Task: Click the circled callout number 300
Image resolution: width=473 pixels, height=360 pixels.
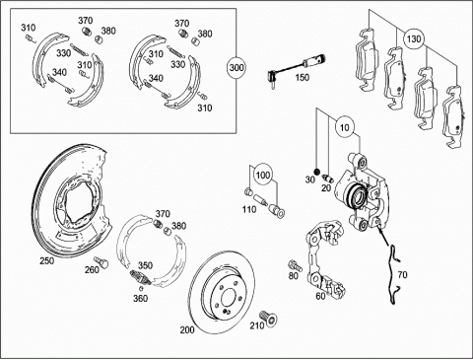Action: click(x=236, y=68)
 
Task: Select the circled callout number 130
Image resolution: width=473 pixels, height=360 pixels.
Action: click(x=414, y=39)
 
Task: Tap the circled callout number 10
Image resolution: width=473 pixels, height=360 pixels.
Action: click(x=345, y=127)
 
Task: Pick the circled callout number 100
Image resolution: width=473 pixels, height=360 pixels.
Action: click(x=263, y=175)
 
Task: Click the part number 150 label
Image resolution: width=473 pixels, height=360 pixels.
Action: click(x=302, y=78)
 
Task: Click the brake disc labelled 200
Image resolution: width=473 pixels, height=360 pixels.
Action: click(x=221, y=293)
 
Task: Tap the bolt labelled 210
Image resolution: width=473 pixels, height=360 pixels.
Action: click(x=268, y=318)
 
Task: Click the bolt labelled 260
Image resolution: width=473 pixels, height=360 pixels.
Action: click(x=101, y=262)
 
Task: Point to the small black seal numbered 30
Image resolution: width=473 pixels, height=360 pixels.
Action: click(x=316, y=172)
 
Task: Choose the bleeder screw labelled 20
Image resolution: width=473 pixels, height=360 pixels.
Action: click(x=328, y=178)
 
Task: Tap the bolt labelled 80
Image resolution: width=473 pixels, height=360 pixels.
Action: click(x=294, y=264)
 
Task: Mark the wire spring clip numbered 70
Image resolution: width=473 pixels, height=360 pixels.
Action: click(x=393, y=273)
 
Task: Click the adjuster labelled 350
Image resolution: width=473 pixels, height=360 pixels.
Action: click(x=140, y=277)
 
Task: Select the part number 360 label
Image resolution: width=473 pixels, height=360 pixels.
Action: click(x=140, y=298)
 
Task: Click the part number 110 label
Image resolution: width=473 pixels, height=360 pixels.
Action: click(x=248, y=209)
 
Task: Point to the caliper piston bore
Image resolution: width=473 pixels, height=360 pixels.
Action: click(x=356, y=196)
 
